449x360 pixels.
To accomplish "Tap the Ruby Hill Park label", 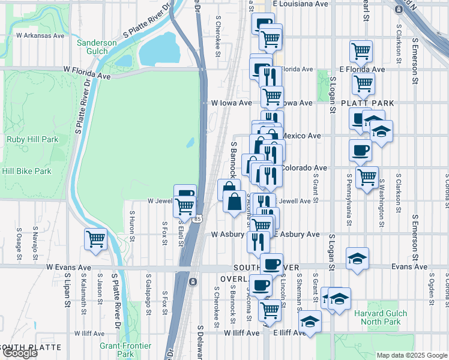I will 32,139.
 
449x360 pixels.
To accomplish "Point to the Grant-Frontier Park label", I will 125,350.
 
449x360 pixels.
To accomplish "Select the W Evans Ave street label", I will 68,267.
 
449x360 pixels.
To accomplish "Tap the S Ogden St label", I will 432,287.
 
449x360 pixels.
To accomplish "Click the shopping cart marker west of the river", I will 96,239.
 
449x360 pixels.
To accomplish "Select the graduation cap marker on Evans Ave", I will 358,258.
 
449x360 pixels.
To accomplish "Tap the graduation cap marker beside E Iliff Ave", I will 310,322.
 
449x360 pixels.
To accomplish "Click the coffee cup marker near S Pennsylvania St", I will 360,149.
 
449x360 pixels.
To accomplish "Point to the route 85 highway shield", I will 197,220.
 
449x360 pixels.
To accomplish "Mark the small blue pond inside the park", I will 190,143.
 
